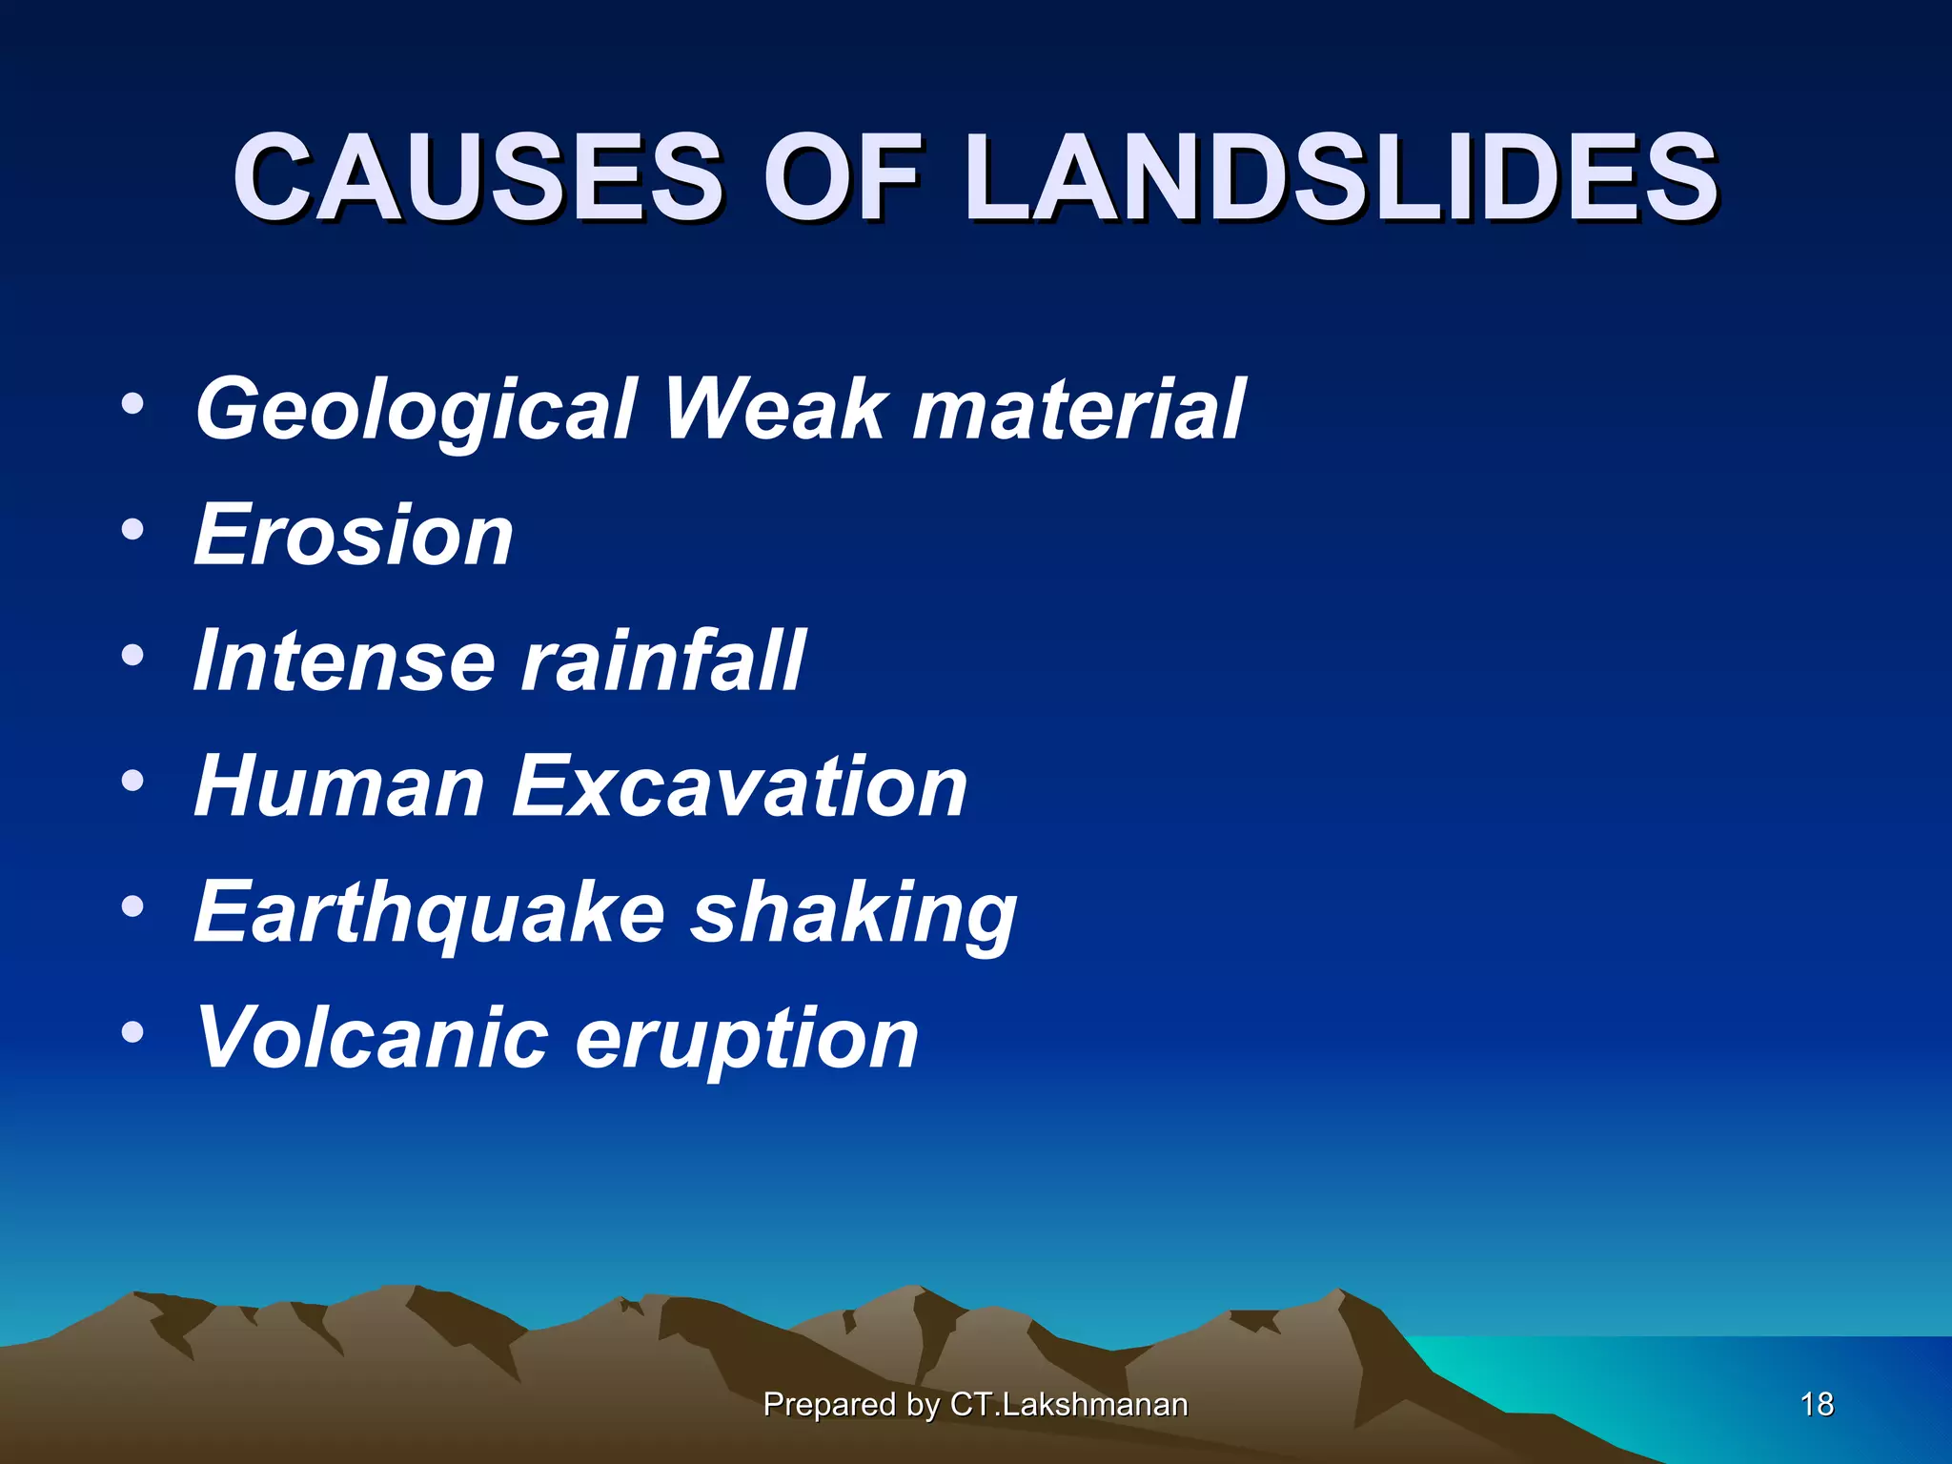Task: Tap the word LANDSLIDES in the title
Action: click(x=1341, y=178)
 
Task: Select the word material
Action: click(x=1078, y=410)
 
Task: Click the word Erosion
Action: click(x=354, y=536)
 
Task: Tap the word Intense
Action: click(x=344, y=661)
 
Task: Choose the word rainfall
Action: click(x=663, y=661)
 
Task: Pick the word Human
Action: click(x=339, y=787)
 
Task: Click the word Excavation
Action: click(x=740, y=787)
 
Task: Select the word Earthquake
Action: click(x=429, y=913)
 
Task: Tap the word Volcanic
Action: click(x=372, y=1039)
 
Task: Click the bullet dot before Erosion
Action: click(x=132, y=529)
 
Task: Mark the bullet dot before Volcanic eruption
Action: click(x=132, y=1032)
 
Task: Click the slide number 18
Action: click(x=1817, y=1404)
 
